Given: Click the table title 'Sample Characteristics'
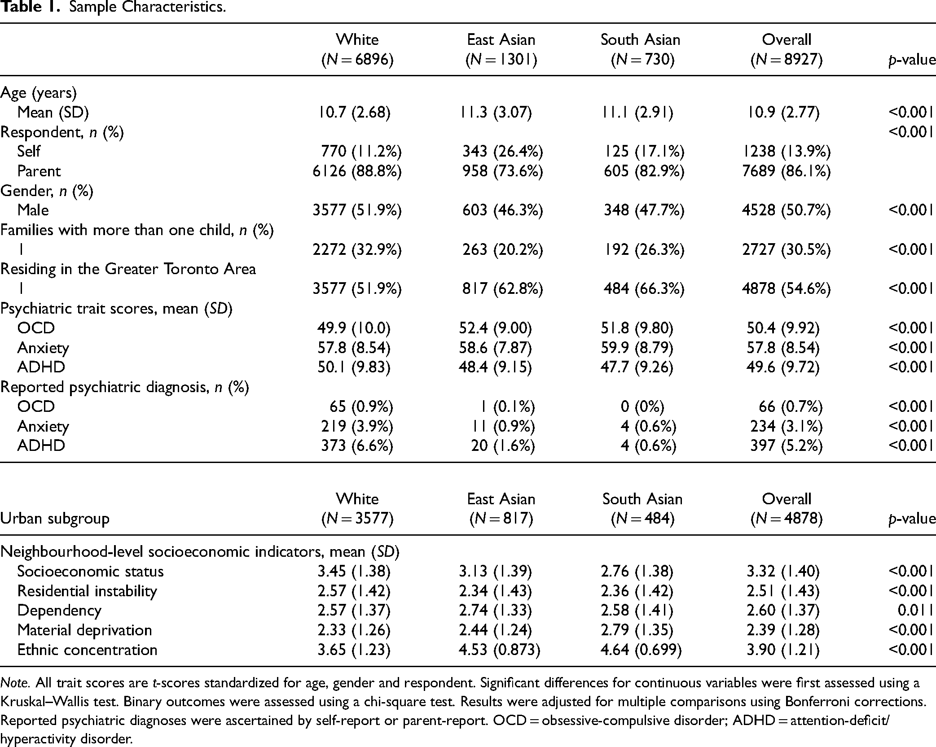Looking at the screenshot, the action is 147,8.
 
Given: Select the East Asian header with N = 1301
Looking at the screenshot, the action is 501,49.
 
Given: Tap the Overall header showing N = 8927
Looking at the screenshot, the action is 787,49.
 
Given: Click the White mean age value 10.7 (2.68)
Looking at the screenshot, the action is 354,112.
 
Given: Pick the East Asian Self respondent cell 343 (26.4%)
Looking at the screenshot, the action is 503,151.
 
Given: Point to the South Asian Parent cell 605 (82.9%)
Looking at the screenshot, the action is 644,171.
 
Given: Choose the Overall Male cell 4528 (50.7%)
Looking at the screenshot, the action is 786,210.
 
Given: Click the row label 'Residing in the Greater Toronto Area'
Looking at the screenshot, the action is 128,269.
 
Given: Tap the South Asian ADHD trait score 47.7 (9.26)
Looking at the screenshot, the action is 637,367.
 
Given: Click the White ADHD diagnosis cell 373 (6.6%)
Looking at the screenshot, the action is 357,446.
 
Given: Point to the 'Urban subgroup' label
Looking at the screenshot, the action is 55,519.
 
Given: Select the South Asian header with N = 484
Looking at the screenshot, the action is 642,509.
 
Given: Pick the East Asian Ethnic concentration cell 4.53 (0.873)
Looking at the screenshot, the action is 499,650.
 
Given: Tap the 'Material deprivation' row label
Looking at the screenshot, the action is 84,630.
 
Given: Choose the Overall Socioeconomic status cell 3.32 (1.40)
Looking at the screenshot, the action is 783,572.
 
